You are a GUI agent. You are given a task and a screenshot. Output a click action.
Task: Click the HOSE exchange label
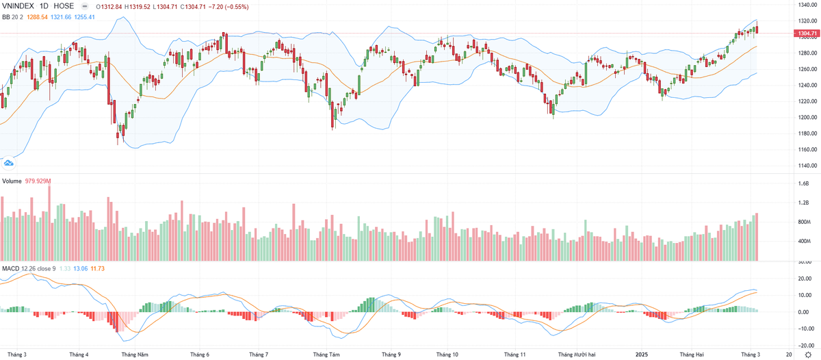pyautogui.click(x=64, y=6)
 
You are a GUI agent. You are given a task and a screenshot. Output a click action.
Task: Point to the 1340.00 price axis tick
pyautogui.click(x=806, y=5)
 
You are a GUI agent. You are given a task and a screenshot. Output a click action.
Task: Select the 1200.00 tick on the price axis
pyautogui.click(x=806, y=117)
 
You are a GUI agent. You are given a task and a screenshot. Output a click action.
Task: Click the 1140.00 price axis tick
pyautogui.click(x=806, y=166)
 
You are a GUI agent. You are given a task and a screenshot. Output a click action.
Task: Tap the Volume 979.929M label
pyautogui.click(x=27, y=181)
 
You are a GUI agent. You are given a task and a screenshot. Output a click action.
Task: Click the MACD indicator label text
pyautogui.click(x=10, y=268)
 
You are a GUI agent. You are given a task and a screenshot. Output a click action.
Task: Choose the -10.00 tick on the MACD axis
pyautogui.click(x=805, y=328)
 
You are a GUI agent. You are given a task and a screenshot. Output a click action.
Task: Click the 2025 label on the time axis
pyautogui.click(x=642, y=355)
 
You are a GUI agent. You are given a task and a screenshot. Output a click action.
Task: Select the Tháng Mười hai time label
pyautogui.click(x=577, y=355)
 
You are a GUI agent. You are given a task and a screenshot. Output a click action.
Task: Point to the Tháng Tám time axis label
pyautogui.click(x=326, y=355)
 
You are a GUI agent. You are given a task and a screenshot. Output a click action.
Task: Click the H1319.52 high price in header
pyautogui.click(x=144, y=6)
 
